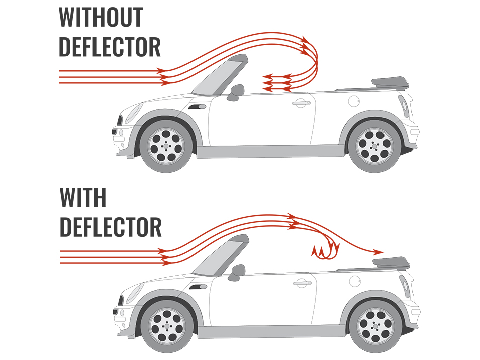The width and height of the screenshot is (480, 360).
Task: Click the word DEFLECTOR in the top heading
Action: [110, 46]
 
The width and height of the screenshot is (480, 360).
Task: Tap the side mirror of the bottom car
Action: [236, 273]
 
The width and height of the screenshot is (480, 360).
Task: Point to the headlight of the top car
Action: [134, 113]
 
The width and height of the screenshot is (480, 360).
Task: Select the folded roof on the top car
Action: [390, 82]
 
